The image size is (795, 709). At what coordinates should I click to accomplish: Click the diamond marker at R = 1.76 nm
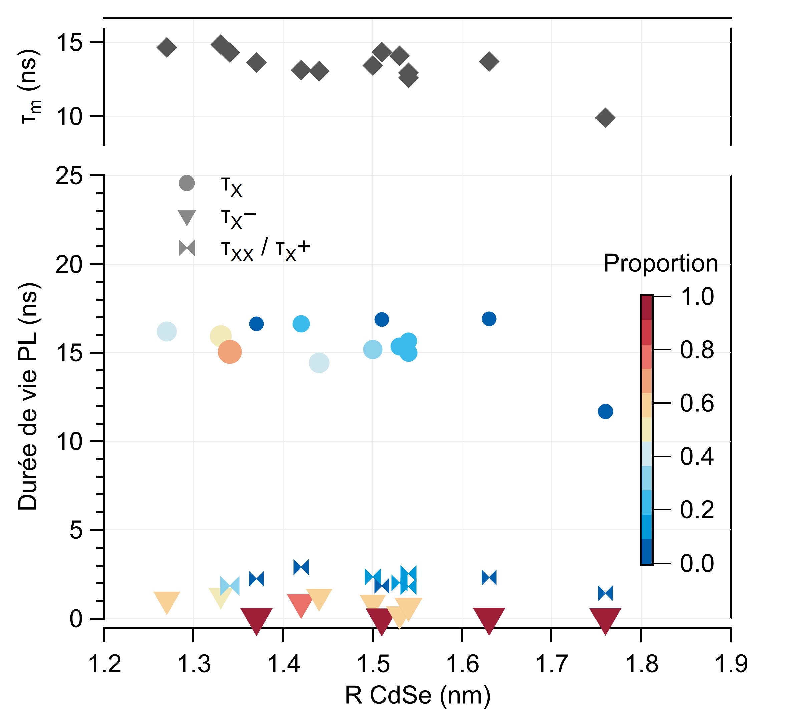pos(605,118)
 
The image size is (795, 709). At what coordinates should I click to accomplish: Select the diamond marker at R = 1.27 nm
pos(167,47)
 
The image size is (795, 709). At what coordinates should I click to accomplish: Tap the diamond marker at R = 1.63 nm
pos(489,61)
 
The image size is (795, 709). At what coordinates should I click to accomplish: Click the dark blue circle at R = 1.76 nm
pos(605,411)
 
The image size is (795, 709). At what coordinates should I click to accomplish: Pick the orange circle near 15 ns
pos(230,352)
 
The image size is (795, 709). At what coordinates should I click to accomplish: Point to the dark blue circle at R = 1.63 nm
pos(489,319)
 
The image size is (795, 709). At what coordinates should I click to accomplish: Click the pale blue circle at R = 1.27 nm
pos(167,332)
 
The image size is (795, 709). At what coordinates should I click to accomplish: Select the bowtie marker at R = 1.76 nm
pos(605,593)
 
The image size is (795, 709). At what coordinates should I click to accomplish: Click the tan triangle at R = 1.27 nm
pos(167,600)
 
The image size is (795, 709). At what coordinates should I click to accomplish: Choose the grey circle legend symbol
pos(186,183)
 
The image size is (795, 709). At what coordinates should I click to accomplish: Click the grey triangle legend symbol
pos(186,217)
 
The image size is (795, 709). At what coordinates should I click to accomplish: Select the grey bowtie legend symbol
pos(186,248)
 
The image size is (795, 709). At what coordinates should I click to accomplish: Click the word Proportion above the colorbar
pos(660,263)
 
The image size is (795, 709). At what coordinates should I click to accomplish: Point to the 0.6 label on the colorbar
pos(697,403)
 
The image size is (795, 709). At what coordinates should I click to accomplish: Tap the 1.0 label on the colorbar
pos(697,297)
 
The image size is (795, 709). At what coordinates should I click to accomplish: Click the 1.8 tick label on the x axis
pos(641,664)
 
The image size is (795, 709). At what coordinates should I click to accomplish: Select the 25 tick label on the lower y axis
pos(69,176)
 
